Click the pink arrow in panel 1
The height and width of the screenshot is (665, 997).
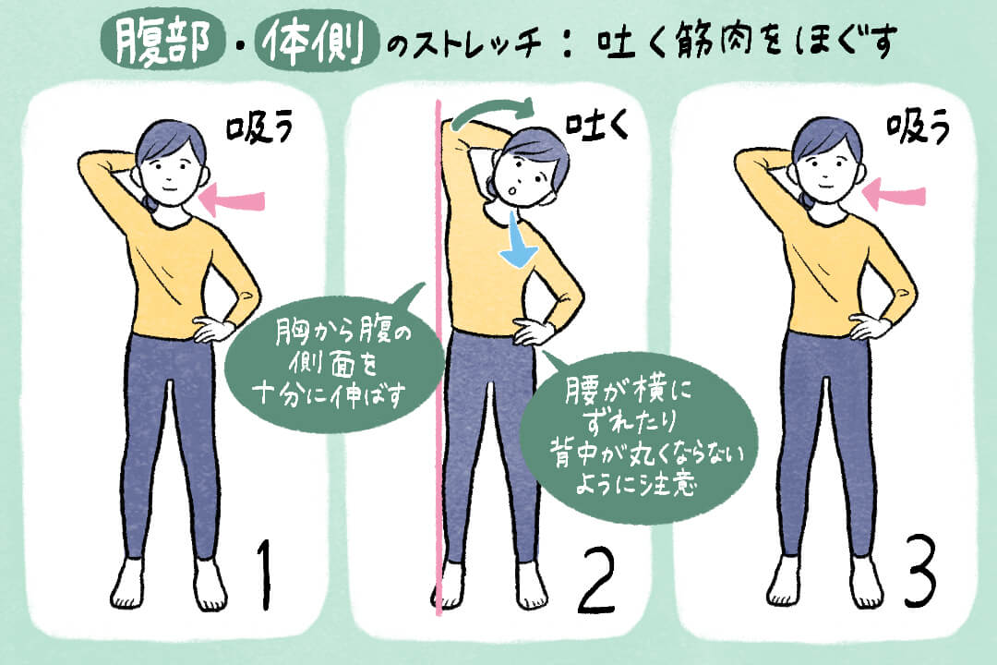click(x=232, y=199)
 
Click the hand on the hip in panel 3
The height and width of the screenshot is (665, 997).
click(x=867, y=327)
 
